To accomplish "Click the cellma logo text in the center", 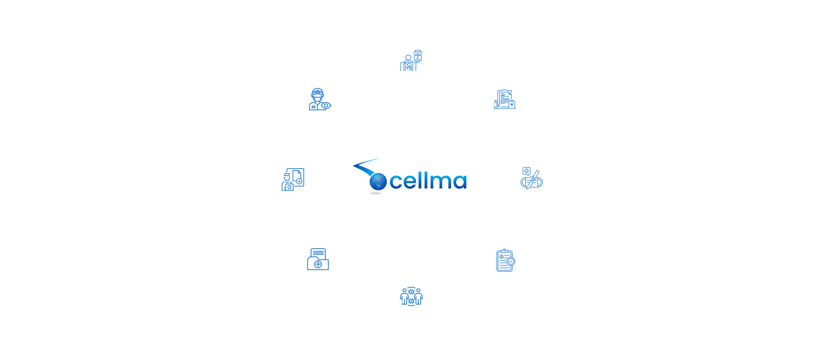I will (428, 181).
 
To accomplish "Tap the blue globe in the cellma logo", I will (378, 182).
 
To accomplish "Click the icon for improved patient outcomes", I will (411, 61).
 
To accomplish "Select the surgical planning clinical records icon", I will (504, 100).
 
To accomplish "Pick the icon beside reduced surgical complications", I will (529, 179).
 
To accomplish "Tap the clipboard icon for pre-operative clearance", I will (504, 260).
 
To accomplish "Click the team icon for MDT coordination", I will (411, 297).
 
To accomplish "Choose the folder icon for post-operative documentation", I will (318, 260).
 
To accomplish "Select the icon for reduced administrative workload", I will (293, 179).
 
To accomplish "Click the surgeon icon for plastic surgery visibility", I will (318, 100).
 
